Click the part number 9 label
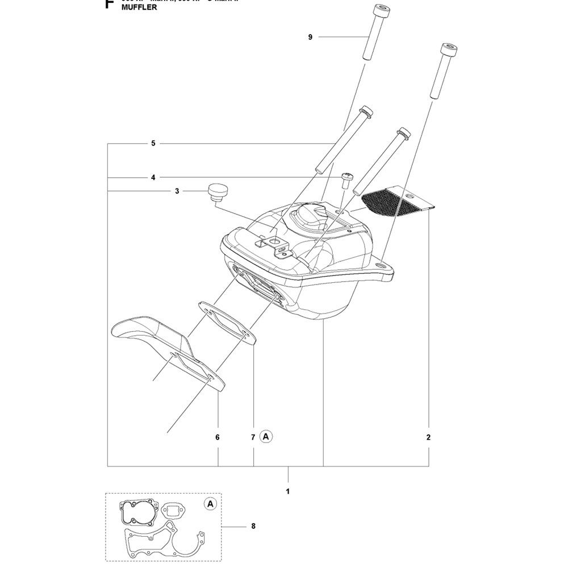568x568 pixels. pyautogui.click(x=311, y=37)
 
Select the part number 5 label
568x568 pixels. pyautogui.click(x=153, y=143)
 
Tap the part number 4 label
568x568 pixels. pyautogui.click(x=153, y=177)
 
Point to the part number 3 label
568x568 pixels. pyautogui.click(x=177, y=191)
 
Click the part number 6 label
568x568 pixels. pyautogui.click(x=218, y=437)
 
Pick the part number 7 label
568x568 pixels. pyautogui.click(x=253, y=437)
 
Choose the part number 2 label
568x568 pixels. pyautogui.click(x=428, y=437)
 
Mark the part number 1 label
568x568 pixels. pyautogui.click(x=288, y=490)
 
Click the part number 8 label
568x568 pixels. pyautogui.click(x=253, y=527)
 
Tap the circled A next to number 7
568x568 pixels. pyautogui.click(x=266, y=436)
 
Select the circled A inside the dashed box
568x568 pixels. pyautogui.click(x=210, y=504)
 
